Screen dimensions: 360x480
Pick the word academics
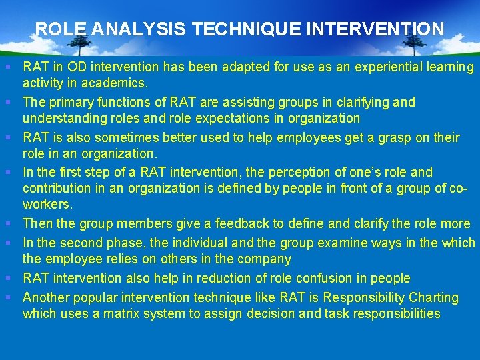(x=121, y=83)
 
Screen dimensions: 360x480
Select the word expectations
(x=210, y=119)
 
